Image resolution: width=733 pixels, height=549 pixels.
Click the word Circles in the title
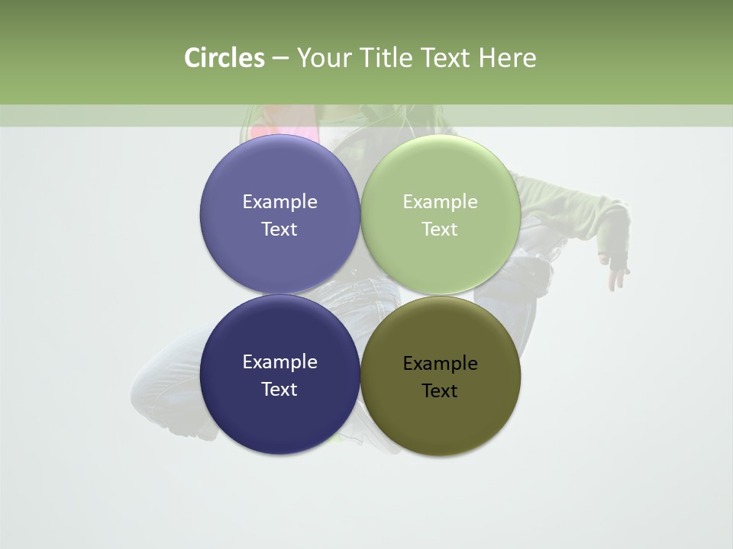click(x=224, y=58)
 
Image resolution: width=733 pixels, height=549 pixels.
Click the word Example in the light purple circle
click(x=279, y=201)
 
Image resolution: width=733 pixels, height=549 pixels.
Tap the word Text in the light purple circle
click(x=279, y=229)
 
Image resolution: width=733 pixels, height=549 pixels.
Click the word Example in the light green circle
click(x=440, y=201)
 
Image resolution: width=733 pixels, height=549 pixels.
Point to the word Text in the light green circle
click(x=440, y=229)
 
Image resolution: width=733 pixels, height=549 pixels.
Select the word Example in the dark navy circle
click(x=279, y=361)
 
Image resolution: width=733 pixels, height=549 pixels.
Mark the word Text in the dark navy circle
click(x=279, y=389)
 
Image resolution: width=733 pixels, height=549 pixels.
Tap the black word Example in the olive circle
click(x=440, y=363)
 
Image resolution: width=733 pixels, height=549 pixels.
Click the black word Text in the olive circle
click(x=440, y=390)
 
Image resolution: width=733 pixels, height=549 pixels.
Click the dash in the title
click(x=279, y=58)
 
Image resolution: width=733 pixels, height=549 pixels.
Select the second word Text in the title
click(x=447, y=58)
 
